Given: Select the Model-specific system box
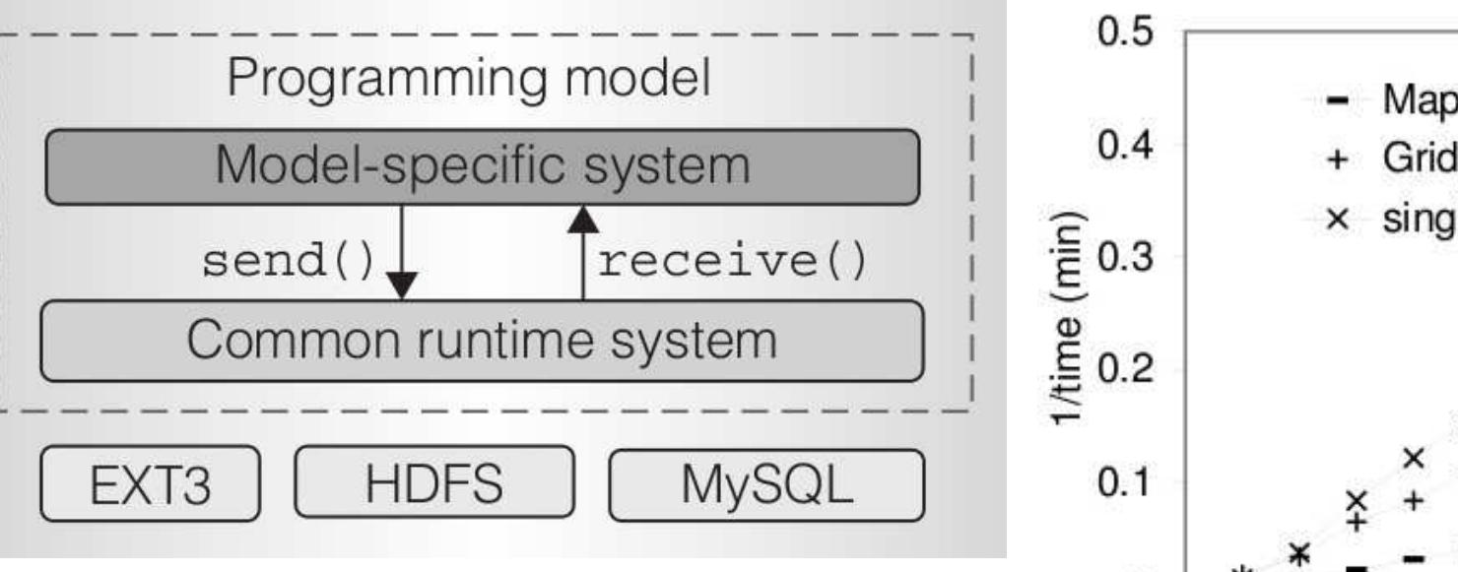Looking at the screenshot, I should (x=483, y=166).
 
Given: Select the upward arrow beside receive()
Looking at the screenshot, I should (x=583, y=252).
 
